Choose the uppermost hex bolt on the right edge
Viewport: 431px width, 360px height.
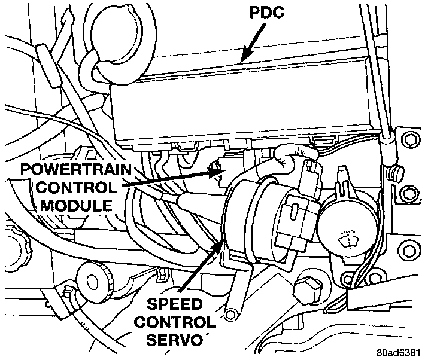409,140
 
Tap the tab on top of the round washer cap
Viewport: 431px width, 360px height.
342,178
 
